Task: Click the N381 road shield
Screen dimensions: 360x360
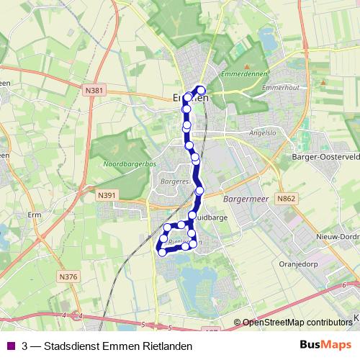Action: [94, 91]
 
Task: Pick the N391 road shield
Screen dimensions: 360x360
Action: [107, 194]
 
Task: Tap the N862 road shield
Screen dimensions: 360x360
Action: [285, 197]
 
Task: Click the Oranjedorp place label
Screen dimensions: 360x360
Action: [297, 264]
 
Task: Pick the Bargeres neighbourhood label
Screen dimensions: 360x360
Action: [175, 183]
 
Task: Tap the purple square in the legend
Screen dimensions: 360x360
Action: [10, 346]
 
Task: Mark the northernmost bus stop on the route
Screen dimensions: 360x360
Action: [201, 90]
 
